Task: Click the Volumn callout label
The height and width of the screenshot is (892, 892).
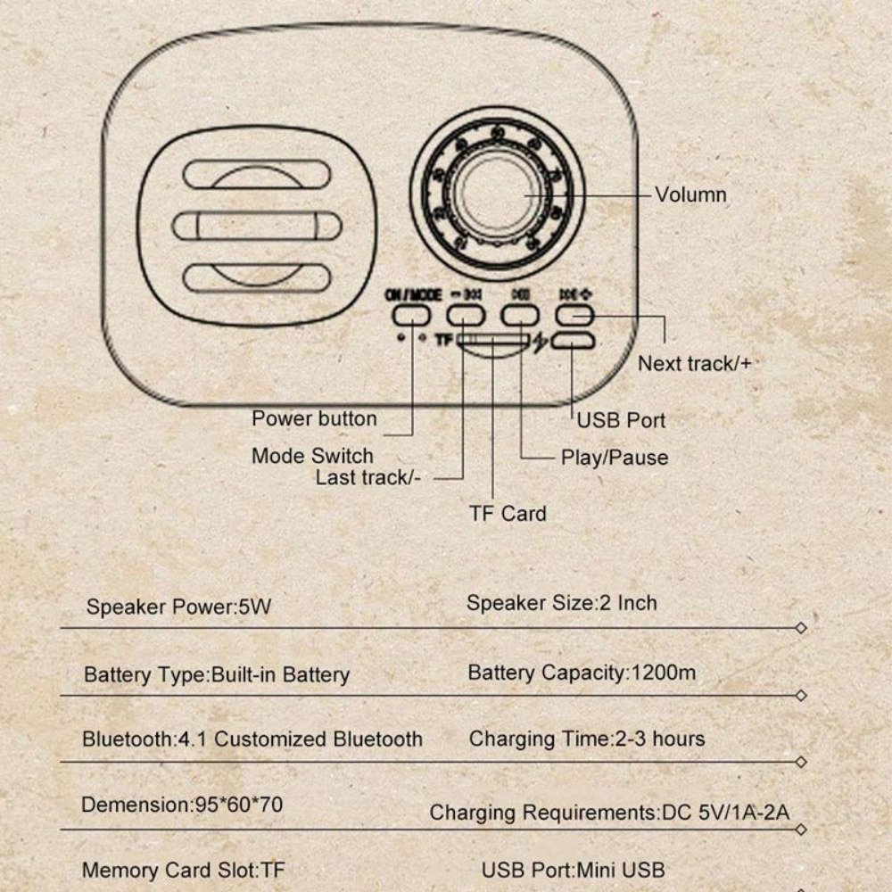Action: pos(690,194)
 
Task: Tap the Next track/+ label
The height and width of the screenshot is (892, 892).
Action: pos(693,363)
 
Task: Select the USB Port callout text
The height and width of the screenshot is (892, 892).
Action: pos(621,419)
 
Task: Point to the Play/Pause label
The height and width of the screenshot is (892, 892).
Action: pos(614,458)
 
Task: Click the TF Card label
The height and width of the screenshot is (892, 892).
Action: pos(508,513)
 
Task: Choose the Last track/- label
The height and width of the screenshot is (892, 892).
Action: pos(368,477)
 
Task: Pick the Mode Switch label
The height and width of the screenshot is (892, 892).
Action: pos(312,456)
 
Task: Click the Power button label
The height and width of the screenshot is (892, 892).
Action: pos(314,418)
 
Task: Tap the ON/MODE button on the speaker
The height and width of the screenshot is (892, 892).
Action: pos(410,314)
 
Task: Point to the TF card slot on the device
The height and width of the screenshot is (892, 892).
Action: pos(493,342)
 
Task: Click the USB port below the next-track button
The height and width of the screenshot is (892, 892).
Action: pos(574,341)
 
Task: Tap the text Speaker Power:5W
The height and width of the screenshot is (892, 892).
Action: pos(178,607)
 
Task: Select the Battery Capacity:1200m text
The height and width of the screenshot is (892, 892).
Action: pos(582,673)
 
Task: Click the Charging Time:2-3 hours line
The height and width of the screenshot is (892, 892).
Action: pos(586,739)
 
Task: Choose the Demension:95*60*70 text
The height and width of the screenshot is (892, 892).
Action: pos(182,805)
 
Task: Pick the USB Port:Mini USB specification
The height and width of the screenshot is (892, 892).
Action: pos(573,870)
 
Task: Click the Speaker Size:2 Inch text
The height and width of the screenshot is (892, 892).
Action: pos(561,603)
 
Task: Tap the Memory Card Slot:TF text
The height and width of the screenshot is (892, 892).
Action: pos(184,870)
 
